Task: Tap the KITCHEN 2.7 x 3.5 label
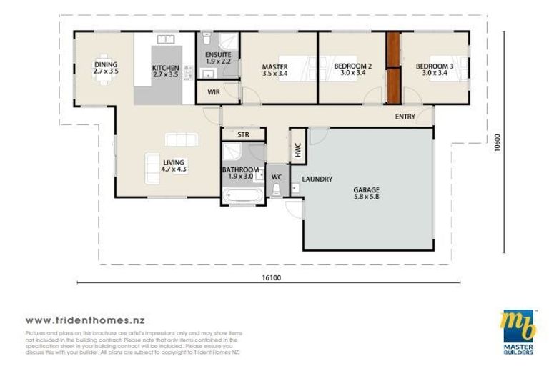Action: click(165, 71)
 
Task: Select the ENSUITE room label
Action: click(217, 58)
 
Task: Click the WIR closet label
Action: click(213, 92)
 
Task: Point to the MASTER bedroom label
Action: click(275, 70)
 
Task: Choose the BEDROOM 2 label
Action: click(350, 70)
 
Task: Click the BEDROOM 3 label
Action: click(432, 70)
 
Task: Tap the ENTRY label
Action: click(405, 117)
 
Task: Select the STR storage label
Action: click(234, 134)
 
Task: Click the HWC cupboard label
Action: click(297, 149)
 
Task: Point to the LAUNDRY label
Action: click(317, 179)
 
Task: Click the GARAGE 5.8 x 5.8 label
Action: click(367, 193)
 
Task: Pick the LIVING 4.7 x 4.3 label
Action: click(173, 166)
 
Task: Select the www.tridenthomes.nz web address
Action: click(85, 321)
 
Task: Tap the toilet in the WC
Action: click(277, 188)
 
